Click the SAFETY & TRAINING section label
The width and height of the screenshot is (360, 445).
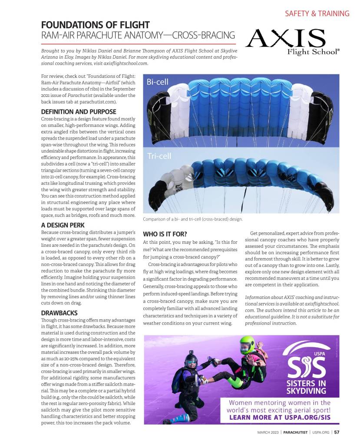coord(317,13)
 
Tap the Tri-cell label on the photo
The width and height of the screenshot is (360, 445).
coord(159,156)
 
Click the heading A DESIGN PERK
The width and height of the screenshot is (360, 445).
coord(63,225)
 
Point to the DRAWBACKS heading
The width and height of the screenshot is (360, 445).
coord(59,312)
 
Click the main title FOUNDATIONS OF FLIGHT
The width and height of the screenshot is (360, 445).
coord(95,25)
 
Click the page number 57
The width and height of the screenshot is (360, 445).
coord(337,432)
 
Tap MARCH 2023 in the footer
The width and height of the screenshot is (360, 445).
coord(268,432)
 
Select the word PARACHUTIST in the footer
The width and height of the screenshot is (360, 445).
coord(296,432)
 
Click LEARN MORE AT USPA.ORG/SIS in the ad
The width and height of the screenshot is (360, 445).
coord(280,418)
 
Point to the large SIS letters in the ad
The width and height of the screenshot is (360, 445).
coord(306,366)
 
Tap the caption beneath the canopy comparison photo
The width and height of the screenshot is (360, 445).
coord(193,219)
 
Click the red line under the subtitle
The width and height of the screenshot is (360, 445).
coord(138,44)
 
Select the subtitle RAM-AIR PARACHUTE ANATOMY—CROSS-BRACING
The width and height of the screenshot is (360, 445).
coord(138,35)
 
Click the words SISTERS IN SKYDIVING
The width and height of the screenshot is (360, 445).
coord(306,387)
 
